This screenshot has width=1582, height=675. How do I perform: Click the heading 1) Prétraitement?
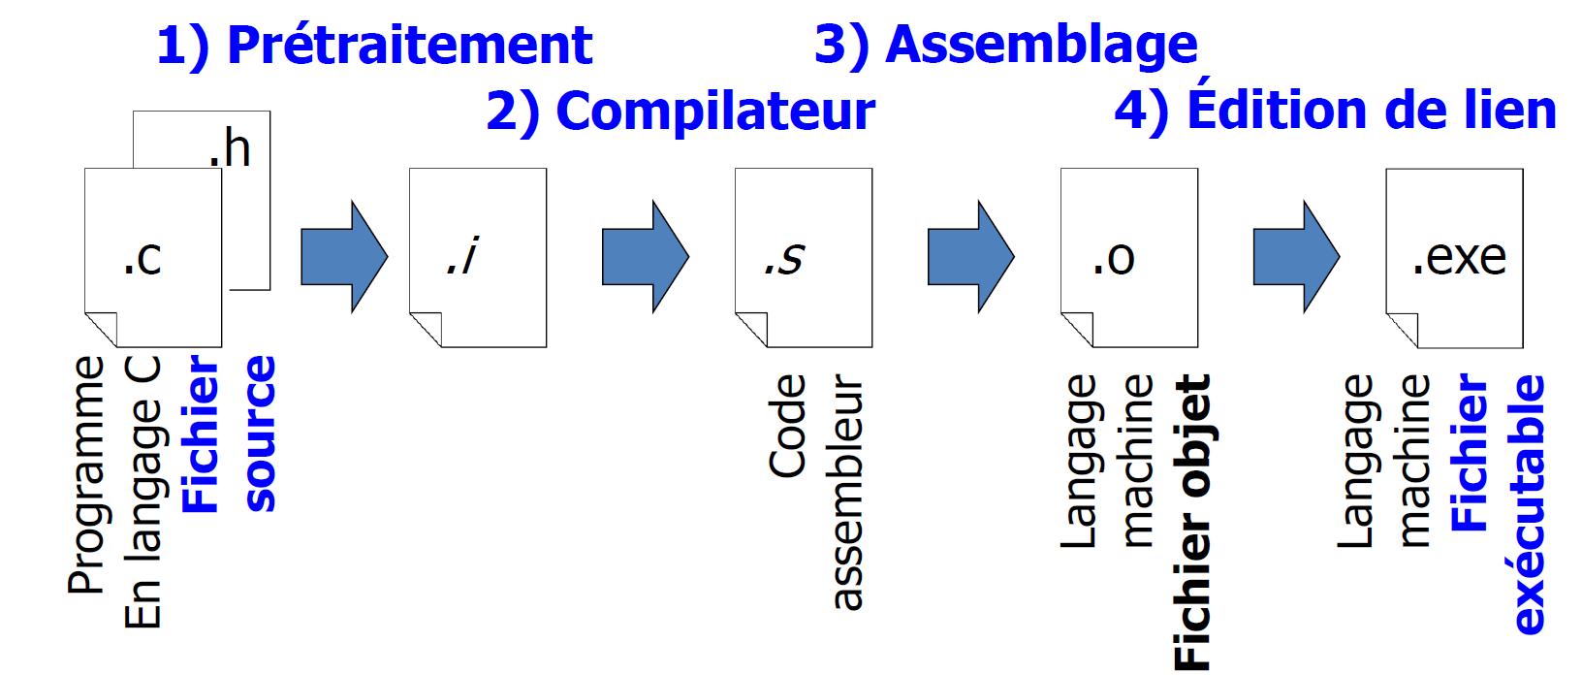[x=374, y=46]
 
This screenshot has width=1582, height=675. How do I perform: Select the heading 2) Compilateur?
[x=680, y=112]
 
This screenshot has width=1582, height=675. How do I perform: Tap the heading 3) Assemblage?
[x=1006, y=45]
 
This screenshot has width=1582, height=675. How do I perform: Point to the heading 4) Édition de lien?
[x=1335, y=110]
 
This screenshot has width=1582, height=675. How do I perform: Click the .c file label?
[x=142, y=258]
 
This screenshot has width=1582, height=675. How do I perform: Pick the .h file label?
[x=230, y=148]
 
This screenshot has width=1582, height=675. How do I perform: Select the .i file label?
[x=463, y=257]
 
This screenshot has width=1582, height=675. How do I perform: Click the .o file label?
[x=1113, y=258]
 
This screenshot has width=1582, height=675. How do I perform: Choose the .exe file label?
[x=1459, y=258]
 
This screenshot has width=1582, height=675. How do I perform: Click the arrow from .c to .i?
[x=344, y=257]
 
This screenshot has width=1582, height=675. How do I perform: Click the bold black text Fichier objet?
[x=1192, y=522]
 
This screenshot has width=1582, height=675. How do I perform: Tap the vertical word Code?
[x=787, y=426]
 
